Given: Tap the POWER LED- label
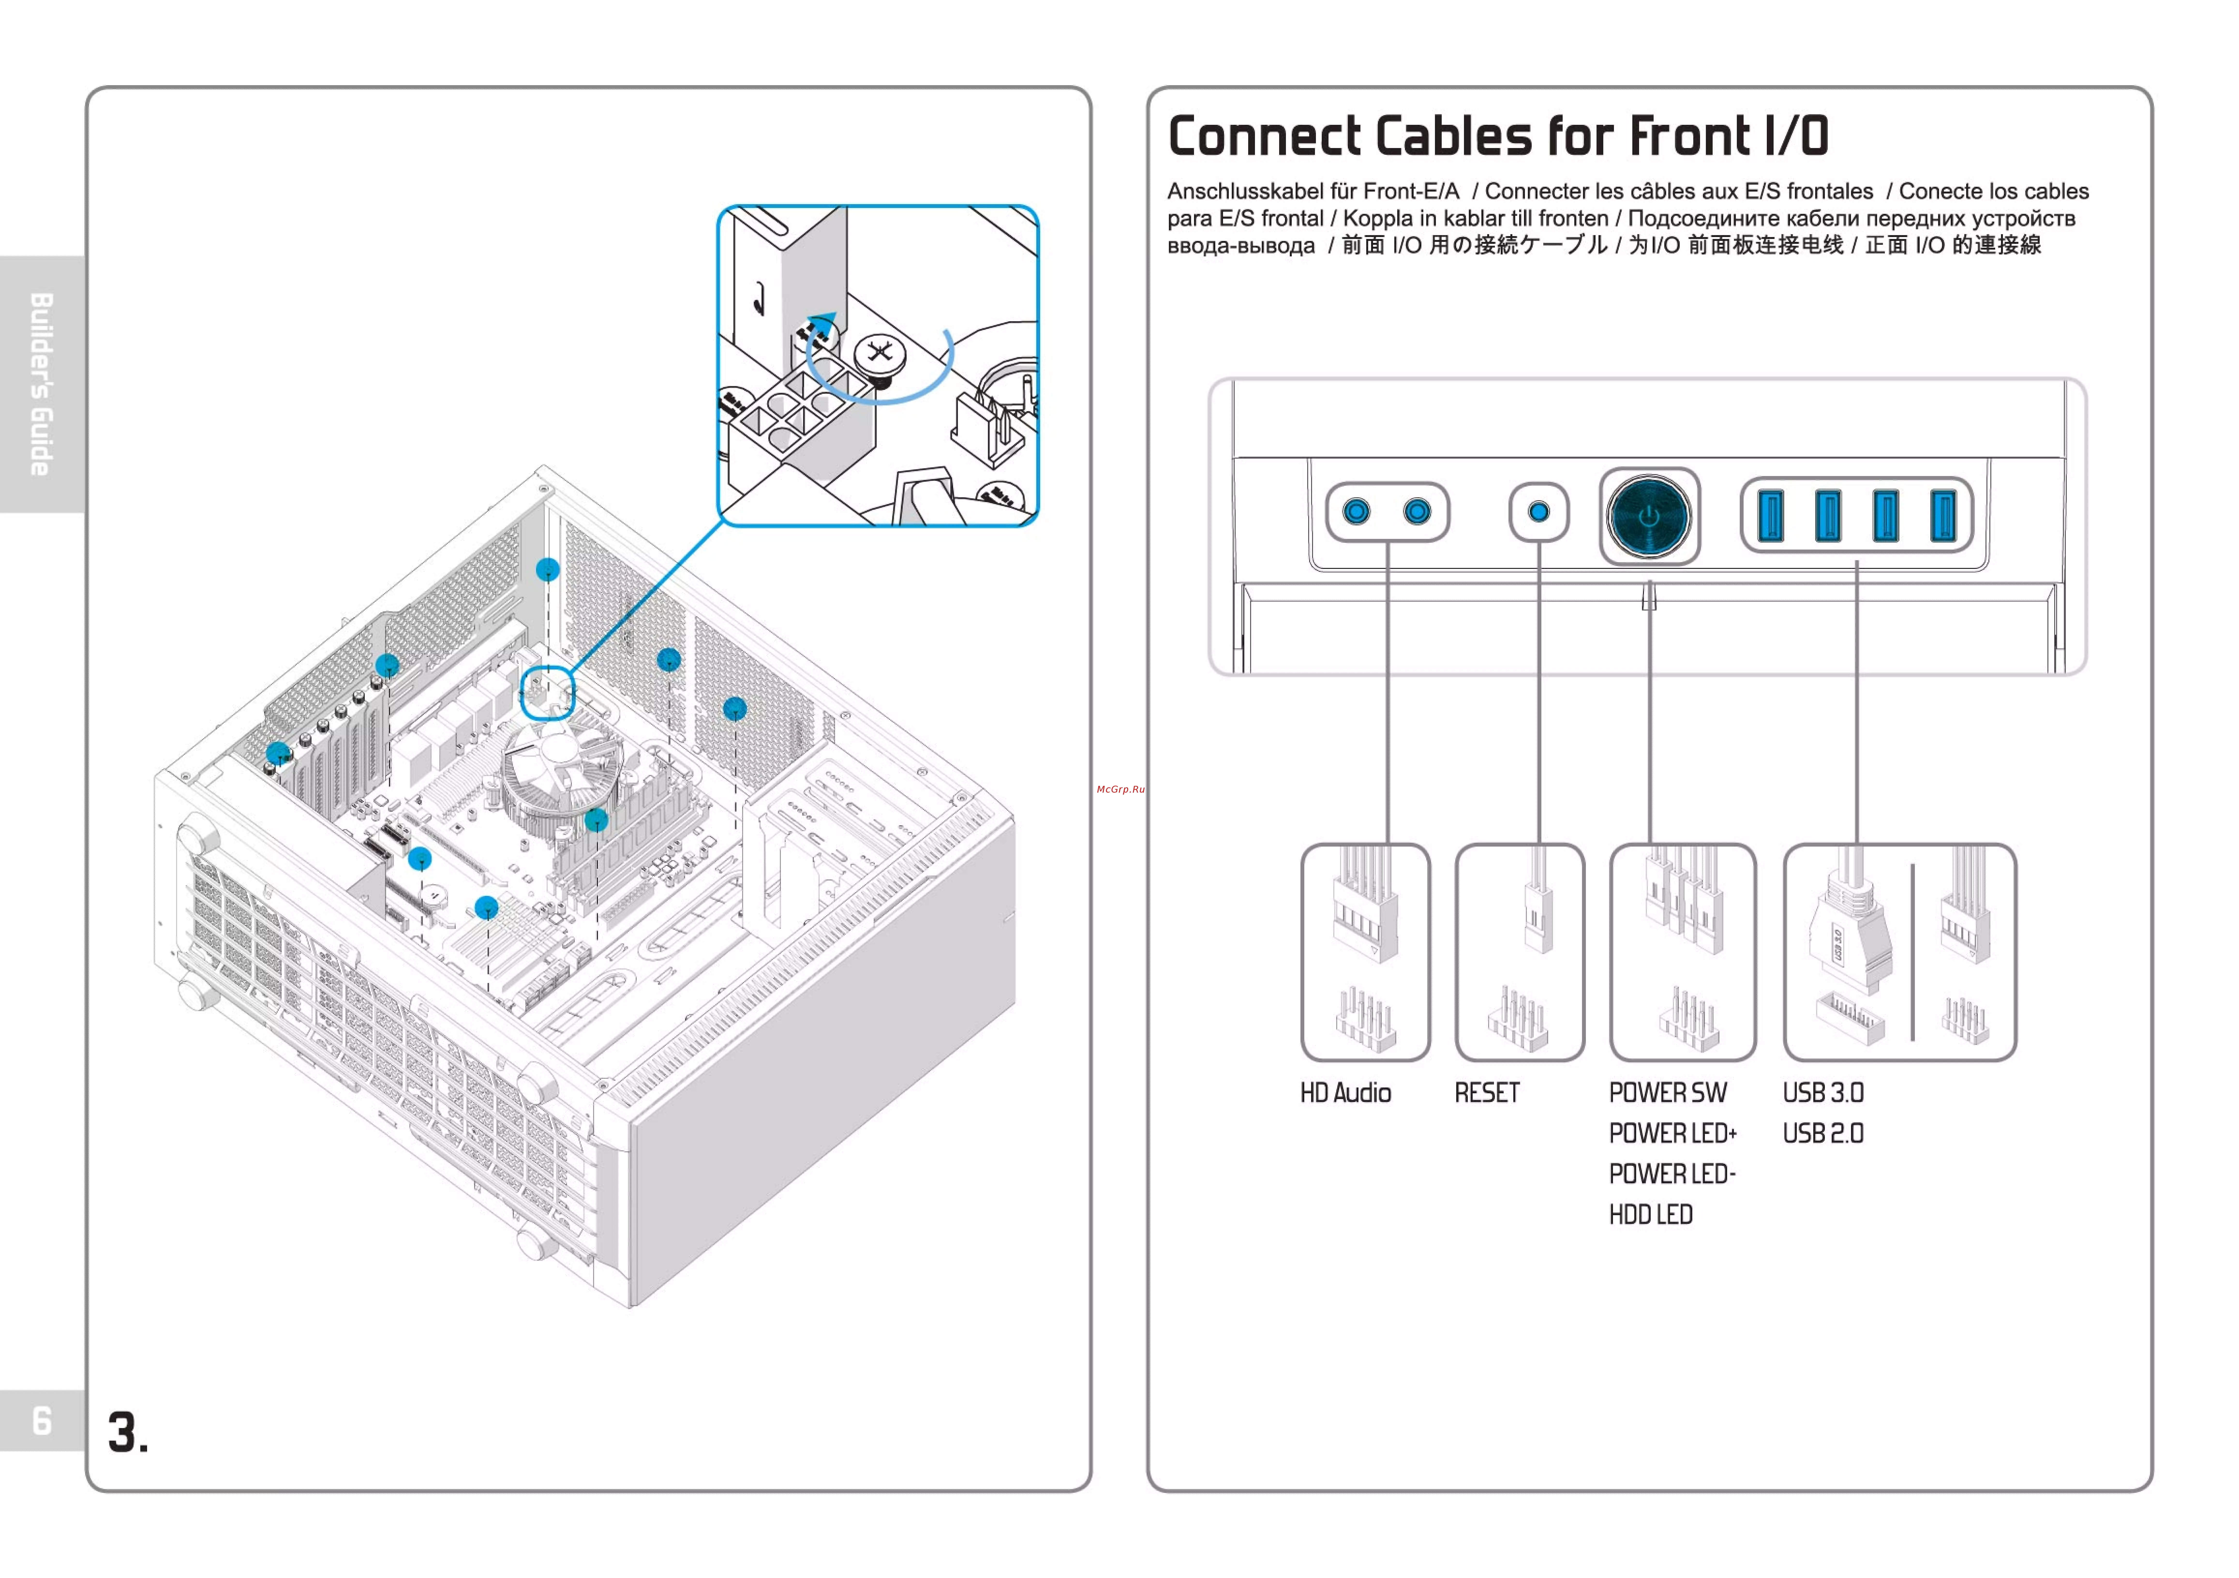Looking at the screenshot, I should (1672, 1174).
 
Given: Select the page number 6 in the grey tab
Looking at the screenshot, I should (42, 1420).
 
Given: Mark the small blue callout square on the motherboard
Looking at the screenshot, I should (547, 692).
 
